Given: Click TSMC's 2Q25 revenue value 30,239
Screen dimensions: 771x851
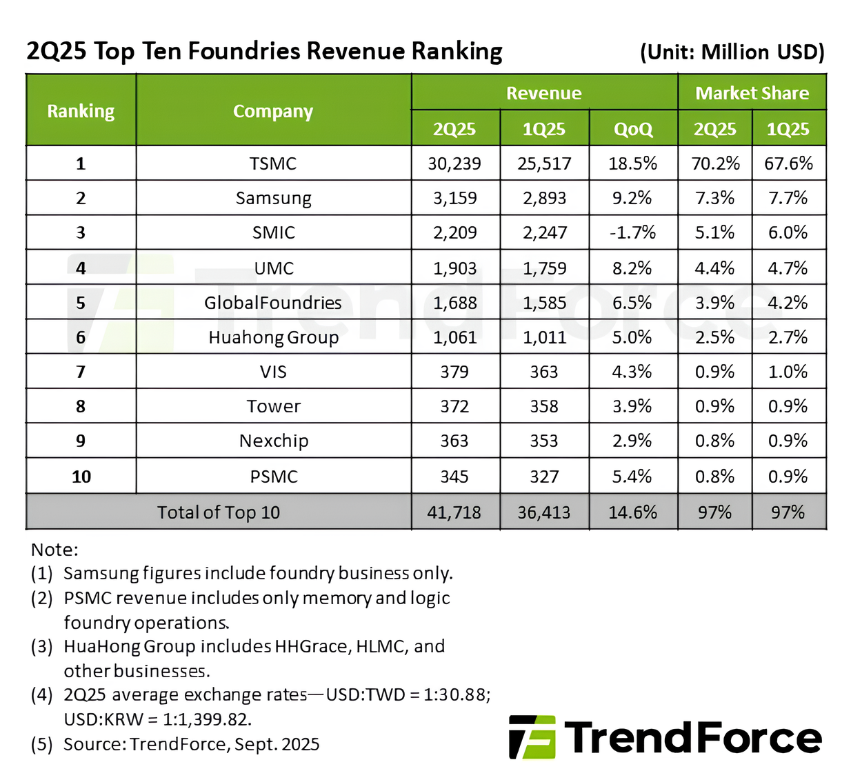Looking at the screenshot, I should click(454, 163).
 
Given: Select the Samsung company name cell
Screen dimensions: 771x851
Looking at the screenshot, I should click(274, 199).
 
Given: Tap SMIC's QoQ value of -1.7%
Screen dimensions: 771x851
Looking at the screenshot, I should click(632, 233).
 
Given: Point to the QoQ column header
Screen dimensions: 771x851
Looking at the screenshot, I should click(632, 129).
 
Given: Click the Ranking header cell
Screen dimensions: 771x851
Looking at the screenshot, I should click(81, 111).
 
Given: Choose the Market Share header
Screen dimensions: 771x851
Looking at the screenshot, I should click(752, 93).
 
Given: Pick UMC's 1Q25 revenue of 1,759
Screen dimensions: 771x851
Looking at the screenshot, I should click(544, 268).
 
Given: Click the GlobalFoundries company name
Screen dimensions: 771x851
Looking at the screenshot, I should click(273, 303).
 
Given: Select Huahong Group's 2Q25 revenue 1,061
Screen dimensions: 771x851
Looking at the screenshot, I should click(454, 337).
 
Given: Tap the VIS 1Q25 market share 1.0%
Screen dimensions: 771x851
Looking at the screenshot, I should click(788, 372).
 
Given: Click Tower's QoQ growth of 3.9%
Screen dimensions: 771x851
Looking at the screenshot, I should click(632, 406).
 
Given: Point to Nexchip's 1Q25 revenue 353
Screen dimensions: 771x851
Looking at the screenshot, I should click(544, 441).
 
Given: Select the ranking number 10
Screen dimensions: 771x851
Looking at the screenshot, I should click(81, 477).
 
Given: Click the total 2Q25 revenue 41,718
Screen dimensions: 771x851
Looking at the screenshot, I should click(454, 512).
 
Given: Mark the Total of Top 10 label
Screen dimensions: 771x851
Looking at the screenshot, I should click(219, 512).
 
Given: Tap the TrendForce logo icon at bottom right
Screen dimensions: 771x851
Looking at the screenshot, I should click(532, 737).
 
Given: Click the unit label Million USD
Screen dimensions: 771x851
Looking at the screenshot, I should click(762, 52).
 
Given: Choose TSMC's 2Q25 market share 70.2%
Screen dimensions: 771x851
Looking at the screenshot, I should click(715, 163).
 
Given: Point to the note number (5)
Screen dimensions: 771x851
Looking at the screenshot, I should click(41, 744).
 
